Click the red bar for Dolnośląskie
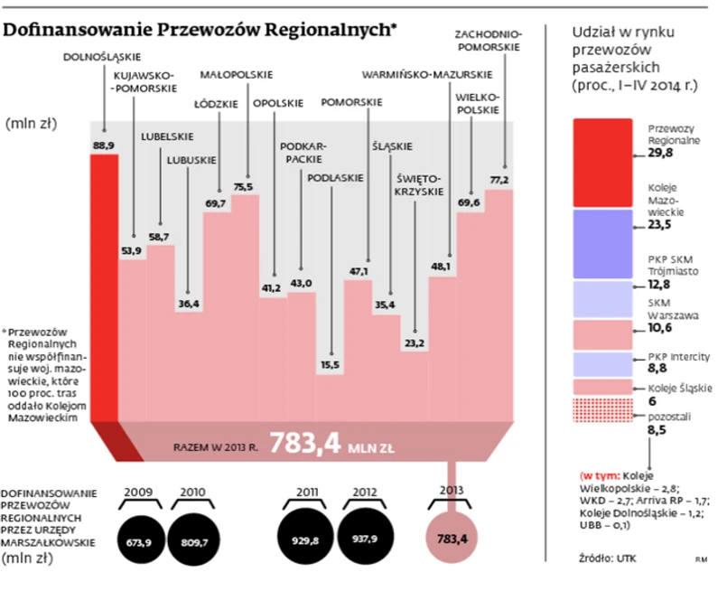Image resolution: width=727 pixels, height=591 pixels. (x=104, y=289)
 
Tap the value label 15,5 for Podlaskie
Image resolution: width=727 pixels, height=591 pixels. (x=330, y=364)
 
